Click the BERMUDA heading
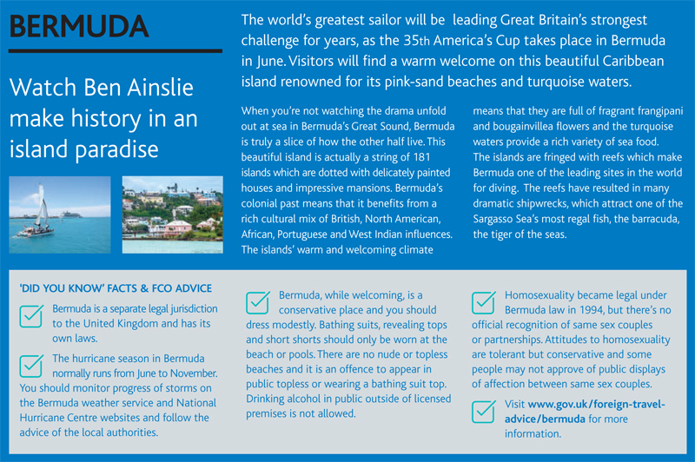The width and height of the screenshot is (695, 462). click(79, 26)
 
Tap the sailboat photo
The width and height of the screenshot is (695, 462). click(60, 214)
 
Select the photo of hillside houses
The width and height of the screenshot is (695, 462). click(172, 214)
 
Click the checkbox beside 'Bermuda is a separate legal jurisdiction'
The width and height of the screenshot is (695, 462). click(31, 316)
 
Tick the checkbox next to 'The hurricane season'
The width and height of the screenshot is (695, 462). click(31, 366)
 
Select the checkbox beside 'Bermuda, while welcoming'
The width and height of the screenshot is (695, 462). click(258, 302)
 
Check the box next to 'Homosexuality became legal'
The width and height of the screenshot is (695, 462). click(484, 302)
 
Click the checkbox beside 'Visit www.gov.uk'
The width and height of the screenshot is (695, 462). click(484, 412)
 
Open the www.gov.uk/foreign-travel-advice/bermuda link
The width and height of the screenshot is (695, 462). click(585, 412)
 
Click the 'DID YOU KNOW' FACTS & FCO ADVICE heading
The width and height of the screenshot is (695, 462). click(116, 288)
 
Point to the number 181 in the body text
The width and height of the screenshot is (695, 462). click(420, 157)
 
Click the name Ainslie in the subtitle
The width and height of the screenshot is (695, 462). click(161, 87)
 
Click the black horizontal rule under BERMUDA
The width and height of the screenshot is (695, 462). click(116, 51)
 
